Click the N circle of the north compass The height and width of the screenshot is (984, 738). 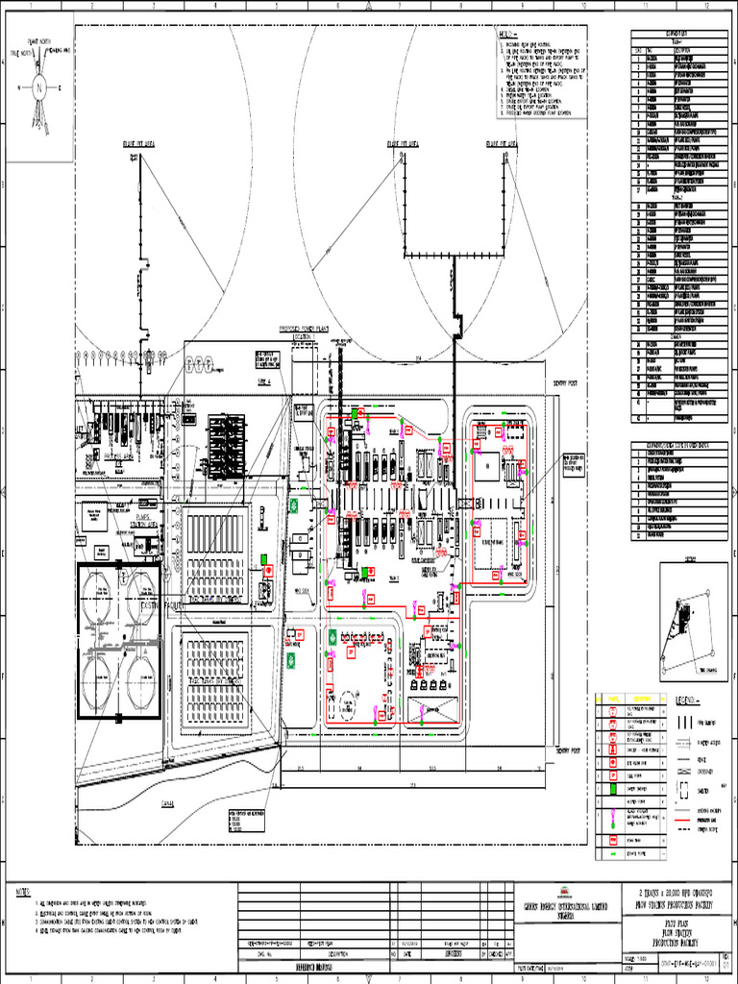(39, 86)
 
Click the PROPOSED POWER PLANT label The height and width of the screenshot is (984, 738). (305, 329)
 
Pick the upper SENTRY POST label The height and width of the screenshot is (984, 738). (568, 381)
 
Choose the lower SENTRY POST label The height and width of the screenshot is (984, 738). (569, 751)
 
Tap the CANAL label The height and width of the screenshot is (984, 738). (169, 805)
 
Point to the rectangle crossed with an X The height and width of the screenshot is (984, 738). (429, 711)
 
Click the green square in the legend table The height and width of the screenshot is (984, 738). (611, 789)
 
